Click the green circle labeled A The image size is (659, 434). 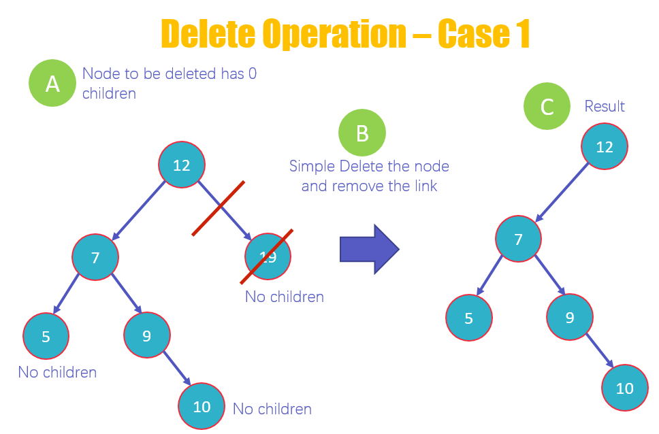coord(52,83)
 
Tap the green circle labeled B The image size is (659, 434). coord(362,133)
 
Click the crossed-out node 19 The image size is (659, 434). coord(268,256)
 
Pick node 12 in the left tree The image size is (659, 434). coord(182,164)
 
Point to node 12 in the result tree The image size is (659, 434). coord(605,146)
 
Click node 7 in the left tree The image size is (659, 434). coord(96,257)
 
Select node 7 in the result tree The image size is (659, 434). coord(519,239)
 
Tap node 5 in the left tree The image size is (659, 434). coord(46,335)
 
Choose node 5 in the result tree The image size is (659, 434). coord(469,317)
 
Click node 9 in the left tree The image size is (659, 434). coord(147,335)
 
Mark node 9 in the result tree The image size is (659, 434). coord(570,317)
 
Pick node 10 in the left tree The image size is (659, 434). coord(202,407)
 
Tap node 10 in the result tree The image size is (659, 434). coord(625,388)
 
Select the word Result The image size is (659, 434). coord(605,106)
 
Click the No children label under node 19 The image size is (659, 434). coord(285,297)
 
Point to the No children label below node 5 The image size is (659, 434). coord(57,372)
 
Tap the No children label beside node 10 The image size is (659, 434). coord(272,409)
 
